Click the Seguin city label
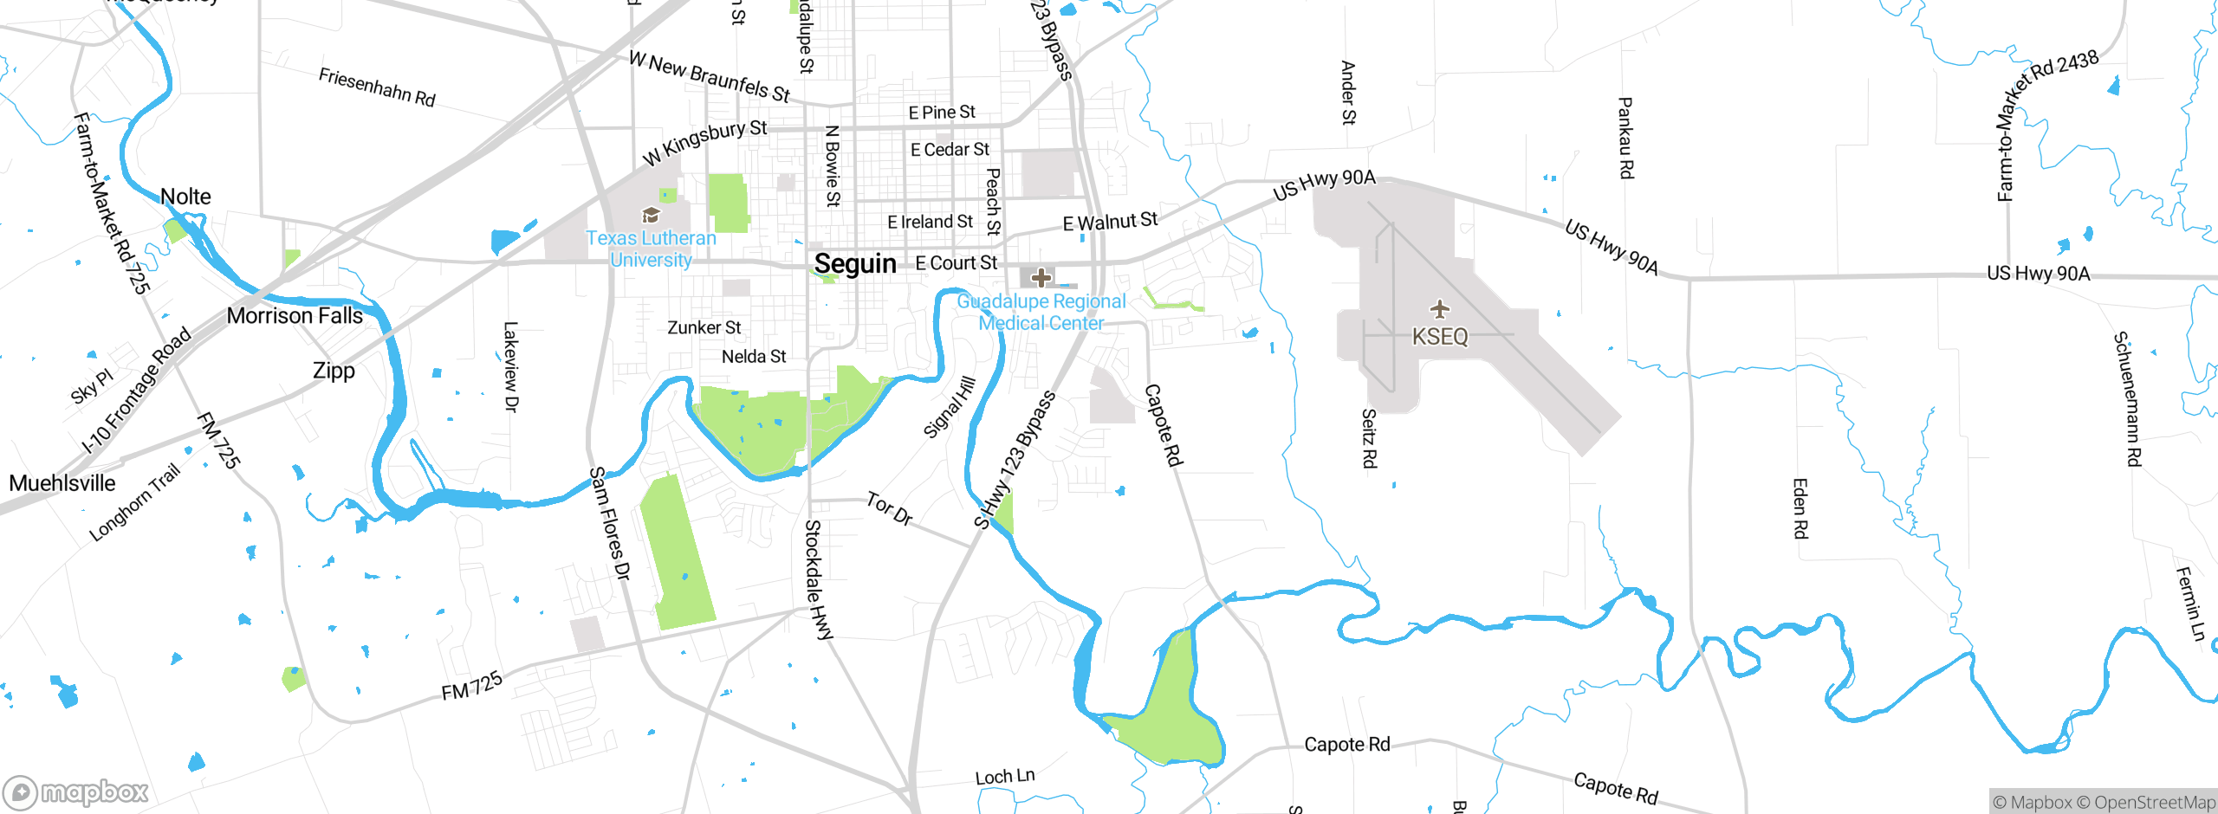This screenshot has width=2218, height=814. click(855, 264)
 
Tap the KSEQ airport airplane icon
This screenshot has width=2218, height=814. click(1440, 309)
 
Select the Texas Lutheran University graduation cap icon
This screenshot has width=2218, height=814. click(651, 215)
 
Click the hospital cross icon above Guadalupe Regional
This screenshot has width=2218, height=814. click(1041, 278)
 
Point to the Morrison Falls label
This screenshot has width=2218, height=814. click(295, 316)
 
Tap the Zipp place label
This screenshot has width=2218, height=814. click(334, 371)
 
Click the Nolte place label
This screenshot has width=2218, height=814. click(185, 197)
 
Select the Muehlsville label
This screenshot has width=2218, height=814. click(62, 483)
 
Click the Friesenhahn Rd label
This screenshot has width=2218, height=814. click(377, 87)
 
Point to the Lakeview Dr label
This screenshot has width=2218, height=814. click(511, 366)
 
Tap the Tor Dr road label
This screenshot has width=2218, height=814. click(890, 509)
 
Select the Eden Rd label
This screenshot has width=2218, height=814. click(1800, 508)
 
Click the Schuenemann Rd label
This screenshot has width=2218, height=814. click(2127, 398)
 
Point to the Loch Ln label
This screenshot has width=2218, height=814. click(1005, 777)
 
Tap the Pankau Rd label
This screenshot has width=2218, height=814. click(1625, 139)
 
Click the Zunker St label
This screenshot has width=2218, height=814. click(704, 328)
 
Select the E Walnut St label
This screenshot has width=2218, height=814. click(1110, 222)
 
